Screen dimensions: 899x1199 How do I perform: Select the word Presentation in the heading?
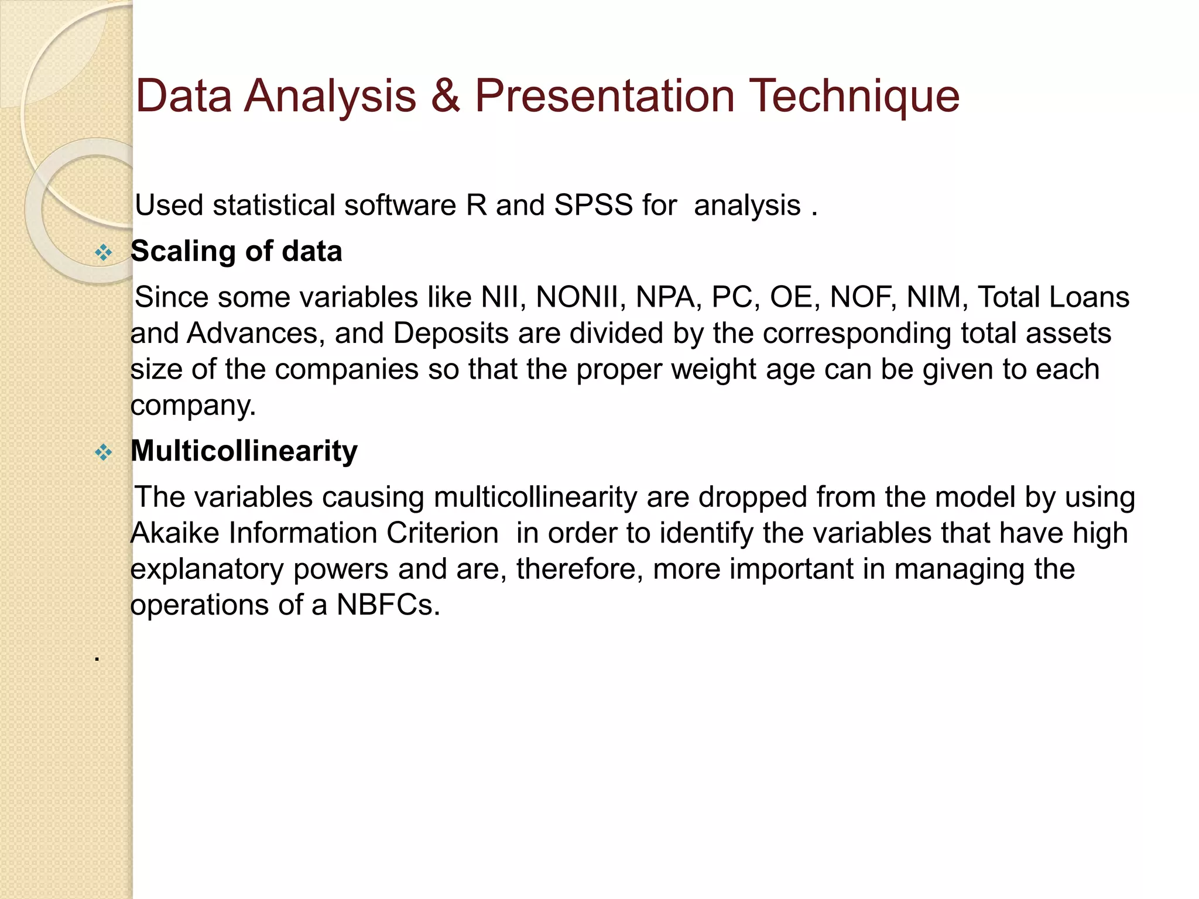click(604, 96)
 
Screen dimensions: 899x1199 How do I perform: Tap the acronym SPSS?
click(593, 205)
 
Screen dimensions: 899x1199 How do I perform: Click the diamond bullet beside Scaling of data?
click(104, 253)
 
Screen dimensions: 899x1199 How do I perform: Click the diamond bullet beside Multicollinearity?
click(104, 452)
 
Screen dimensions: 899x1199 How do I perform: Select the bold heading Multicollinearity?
click(244, 451)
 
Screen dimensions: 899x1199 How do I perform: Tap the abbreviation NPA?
click(668, 297)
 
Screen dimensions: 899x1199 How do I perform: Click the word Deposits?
click(451, 334)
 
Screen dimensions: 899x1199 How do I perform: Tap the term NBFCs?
click(387, 605)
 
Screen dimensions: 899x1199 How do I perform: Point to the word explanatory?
click(207, 569)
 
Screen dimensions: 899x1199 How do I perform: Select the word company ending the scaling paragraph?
click(193, 406)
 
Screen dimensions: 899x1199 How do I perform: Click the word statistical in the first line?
click(273, 205)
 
